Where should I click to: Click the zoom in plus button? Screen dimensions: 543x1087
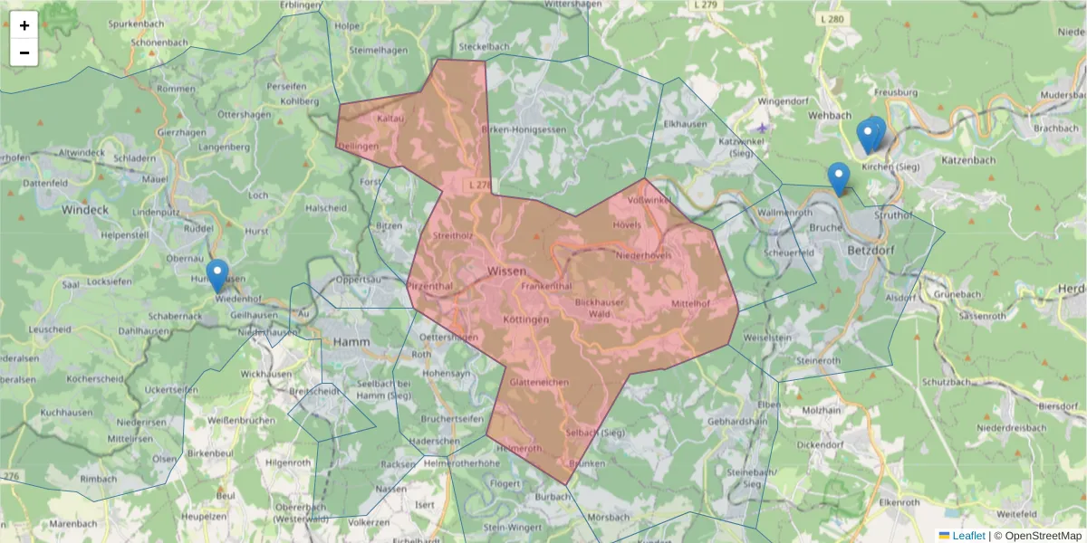[24, 25]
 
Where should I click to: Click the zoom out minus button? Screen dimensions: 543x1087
[24, 52]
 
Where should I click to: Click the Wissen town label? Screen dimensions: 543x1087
[506, 271]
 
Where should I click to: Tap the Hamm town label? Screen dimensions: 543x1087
[352, 342]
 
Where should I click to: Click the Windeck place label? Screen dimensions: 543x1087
[85, 209]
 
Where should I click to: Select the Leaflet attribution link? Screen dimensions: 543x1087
[968, 536]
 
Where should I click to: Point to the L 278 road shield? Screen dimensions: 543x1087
[480, 185]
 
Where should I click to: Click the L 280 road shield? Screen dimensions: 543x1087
[832, 18]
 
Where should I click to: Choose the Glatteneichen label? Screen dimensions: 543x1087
[539, 383]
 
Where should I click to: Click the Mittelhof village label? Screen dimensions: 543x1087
[690, 303]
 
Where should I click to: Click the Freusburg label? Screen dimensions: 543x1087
[897, 92]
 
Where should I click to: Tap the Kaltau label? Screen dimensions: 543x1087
[390, 119]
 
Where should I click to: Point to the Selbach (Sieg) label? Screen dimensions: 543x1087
[595, 433]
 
